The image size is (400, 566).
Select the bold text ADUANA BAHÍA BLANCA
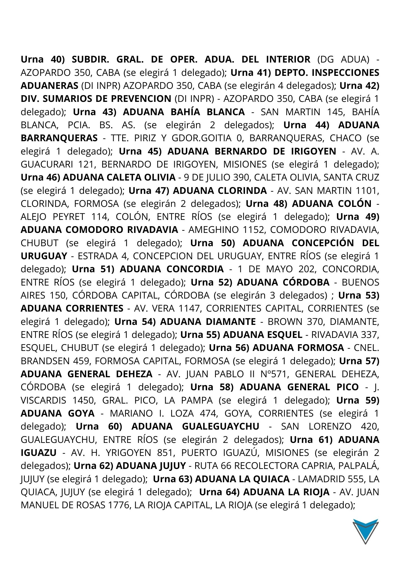184,112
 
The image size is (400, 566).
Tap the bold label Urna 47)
149,190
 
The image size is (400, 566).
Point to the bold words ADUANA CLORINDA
220,190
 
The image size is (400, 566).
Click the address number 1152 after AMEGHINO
253,230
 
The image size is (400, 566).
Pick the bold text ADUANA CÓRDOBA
283,282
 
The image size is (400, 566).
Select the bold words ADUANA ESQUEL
263,335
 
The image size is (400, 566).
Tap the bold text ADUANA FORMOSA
298,348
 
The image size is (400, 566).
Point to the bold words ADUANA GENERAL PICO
299,387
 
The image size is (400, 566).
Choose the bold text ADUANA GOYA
58,413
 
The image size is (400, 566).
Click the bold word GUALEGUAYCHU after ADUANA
221,426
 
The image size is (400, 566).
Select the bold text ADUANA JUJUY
151,466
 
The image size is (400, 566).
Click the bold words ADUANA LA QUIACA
242,479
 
